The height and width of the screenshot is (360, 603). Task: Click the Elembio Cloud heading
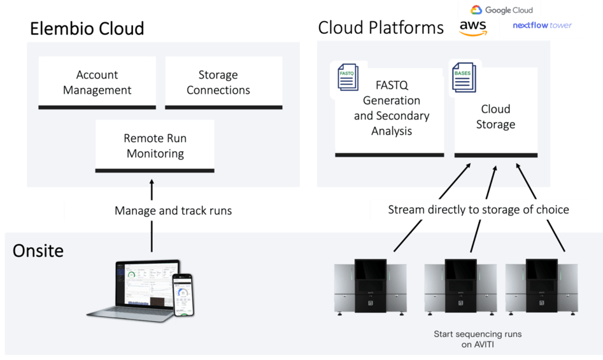[87, 28]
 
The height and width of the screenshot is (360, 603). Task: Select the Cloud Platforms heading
[381, 27]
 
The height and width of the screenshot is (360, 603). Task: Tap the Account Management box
[97, 83]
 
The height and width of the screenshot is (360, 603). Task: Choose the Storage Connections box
[218, 83]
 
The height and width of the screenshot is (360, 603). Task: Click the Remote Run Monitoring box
[155, 146]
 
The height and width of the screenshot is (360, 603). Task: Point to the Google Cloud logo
[502, 10]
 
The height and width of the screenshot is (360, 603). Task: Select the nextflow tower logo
[542, 25]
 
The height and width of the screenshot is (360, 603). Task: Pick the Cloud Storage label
[495, 117]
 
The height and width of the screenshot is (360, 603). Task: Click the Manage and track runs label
[173, 210]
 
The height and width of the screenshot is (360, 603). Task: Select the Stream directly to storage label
[478, 210]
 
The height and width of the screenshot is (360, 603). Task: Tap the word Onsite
[38, 250]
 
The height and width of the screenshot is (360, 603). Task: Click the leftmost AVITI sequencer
[371, 286]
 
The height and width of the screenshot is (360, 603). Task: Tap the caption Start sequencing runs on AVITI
[478, 339]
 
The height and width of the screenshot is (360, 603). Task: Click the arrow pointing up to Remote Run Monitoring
[152, 191]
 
